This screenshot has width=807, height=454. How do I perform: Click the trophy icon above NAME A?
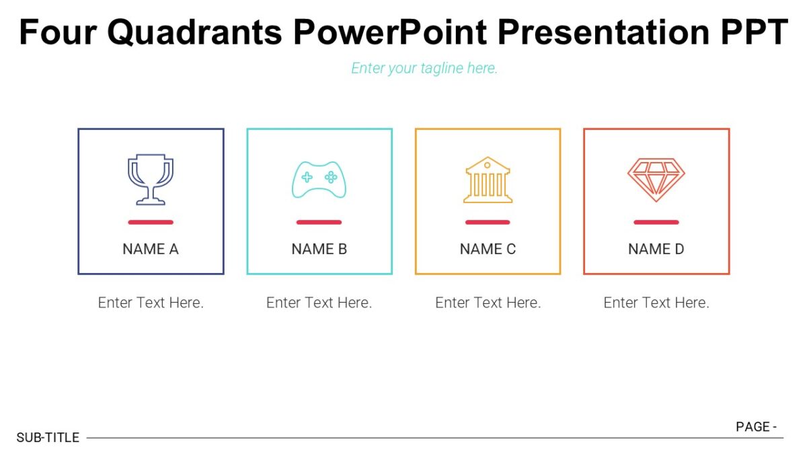[x=151, y=180]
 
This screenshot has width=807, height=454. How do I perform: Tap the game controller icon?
[x=319, y=180]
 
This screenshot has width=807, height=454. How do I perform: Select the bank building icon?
[x=488, y=180]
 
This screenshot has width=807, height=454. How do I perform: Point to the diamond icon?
[x=656, y=180]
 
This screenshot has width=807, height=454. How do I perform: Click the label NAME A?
[x=151, y=249]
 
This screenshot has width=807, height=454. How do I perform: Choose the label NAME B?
[x=319, y=249]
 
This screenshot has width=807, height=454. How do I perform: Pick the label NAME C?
[x=488, y=249]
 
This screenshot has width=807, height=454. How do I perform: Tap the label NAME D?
[x=656, y=249]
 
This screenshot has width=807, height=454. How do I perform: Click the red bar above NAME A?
[x=151, y=222]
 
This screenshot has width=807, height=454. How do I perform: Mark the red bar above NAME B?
[x=319, y=222]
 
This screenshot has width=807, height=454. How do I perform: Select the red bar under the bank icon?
[x=488, y=222]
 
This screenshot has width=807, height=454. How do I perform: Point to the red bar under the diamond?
[x=656, y=222]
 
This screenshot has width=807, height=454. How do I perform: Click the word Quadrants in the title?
[x=194, y=32]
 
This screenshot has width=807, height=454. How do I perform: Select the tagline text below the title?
[x=424, y=68]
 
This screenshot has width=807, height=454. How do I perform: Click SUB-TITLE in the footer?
[x=48, y=438]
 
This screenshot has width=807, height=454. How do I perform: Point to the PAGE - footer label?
[x=757, y=426]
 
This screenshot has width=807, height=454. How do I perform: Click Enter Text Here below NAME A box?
[x=151, y=303]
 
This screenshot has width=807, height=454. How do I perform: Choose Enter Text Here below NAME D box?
[x=656, y=303]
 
